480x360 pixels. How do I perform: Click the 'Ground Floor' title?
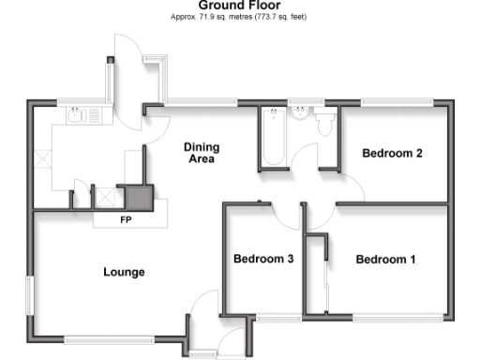(239, 5)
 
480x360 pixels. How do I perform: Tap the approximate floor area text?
(239, 17)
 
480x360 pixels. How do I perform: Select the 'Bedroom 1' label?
(385, 260)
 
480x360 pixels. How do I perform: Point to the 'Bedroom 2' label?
(393, 154)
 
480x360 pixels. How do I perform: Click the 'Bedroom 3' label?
(264, 260)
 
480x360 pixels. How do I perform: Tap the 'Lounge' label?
(124, 273)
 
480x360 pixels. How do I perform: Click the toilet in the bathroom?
(324, 122)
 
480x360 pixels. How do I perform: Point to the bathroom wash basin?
(301, 114)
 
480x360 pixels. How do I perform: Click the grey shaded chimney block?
(139, 198)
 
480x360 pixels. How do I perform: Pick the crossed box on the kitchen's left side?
(43, 158)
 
